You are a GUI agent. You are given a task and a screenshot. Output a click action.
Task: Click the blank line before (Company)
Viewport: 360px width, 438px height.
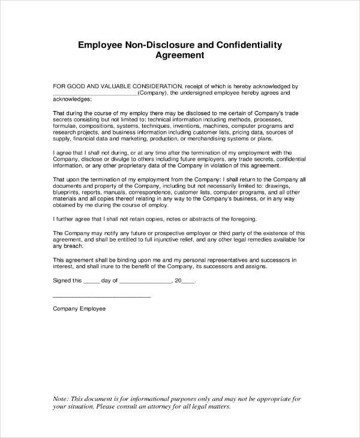click(x=95, y=94)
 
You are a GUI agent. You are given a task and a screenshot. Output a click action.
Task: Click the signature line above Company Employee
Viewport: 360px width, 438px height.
click(x=102, y=297)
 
